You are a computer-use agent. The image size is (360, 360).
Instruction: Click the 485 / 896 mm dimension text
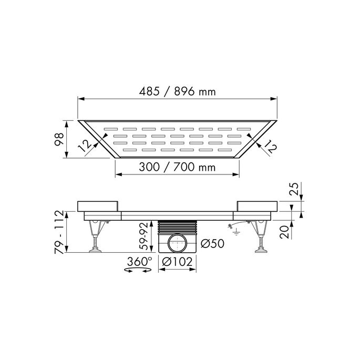tap(177, 91)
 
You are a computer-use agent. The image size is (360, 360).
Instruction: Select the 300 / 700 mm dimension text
tap(177, 168)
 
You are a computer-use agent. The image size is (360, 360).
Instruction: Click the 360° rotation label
tap(139, 261)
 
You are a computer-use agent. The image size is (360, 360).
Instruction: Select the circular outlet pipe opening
tap(178, 244)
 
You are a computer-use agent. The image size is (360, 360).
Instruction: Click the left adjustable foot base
tap(96, 251)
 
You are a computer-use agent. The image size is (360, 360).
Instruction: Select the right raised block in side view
tap(255, 205)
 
